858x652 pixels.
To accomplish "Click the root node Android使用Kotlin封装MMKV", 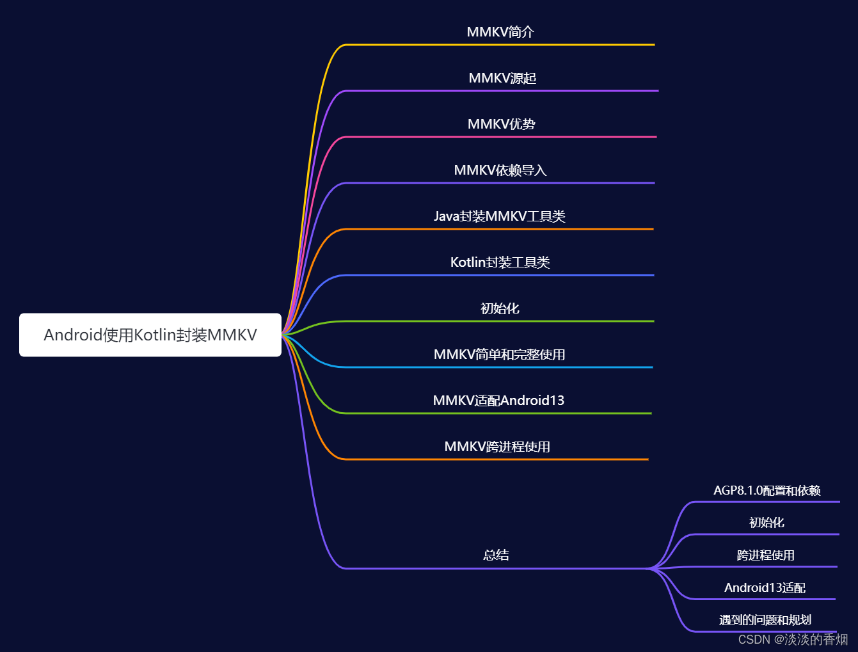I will coord(150,335).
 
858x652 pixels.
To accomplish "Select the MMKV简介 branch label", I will coord(500,32).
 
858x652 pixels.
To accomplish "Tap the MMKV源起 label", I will coord(502,78).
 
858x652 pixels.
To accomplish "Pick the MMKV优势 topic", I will coord(501,124).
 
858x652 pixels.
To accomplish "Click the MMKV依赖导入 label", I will coord(500,170).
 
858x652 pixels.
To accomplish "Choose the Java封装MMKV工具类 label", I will coord(500,216).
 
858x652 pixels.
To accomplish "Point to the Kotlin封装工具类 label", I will coord(500,262).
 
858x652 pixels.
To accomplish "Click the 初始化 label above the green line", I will coord(500,308).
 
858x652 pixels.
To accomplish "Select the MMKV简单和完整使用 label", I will coord(500,354).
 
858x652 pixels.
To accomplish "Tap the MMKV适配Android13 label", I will coord(498,401).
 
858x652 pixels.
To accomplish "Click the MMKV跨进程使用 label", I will coord(497,447).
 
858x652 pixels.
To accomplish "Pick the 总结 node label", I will coord(496,555).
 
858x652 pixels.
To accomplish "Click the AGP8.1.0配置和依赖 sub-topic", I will coord(767,491).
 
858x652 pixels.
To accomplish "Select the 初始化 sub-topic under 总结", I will coord(767,523).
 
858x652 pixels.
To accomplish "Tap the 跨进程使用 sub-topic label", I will coord(766,555).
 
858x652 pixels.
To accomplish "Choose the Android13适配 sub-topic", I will coord(765,588).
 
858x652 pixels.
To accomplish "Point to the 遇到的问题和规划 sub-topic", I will coord(765,620).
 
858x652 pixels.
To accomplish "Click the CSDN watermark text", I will coord(793,639).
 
